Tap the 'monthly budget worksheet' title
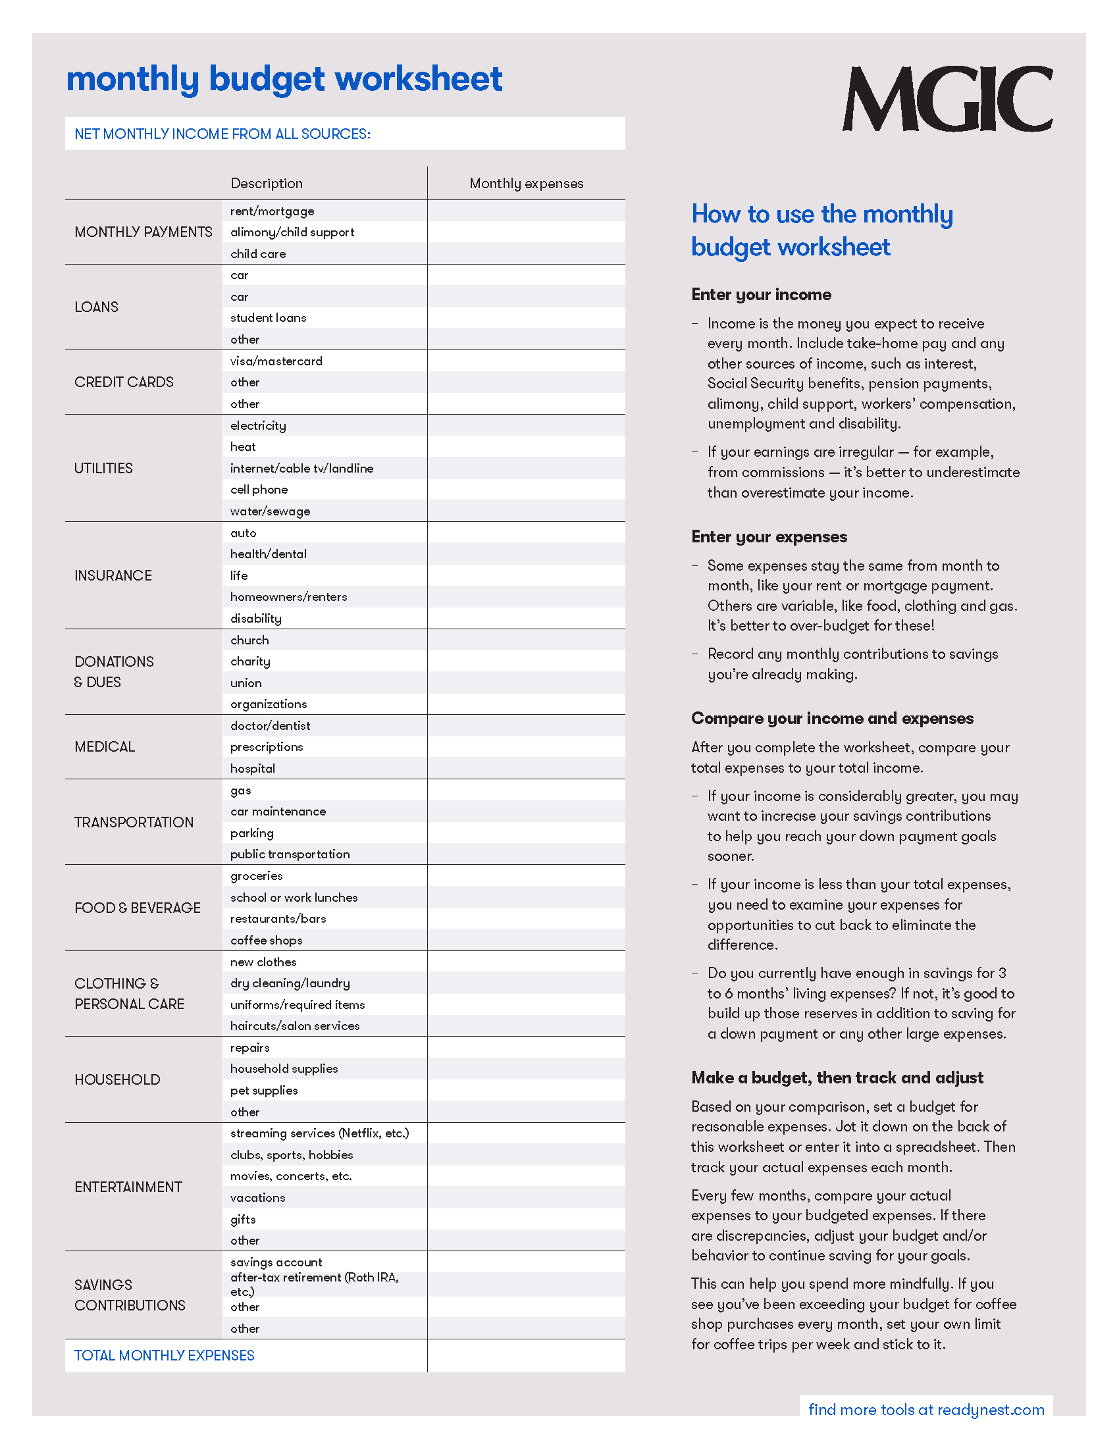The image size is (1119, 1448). click(284, 80)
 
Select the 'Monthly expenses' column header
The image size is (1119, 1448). click(527, 184)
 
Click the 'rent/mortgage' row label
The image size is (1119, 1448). click(273, 211)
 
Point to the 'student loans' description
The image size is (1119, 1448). click(269, 319)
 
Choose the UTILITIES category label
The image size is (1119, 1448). click(103, 469)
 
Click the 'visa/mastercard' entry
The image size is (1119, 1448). click(276, 361)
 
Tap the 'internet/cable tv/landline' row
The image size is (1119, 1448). click(301, 469)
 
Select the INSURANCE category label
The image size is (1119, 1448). click(113, 576)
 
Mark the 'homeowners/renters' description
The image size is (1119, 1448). click(288, 598)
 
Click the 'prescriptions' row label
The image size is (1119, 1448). click(267, 747)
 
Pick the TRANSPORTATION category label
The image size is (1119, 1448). click(134, 823)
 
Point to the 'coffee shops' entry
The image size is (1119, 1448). click(267, 941)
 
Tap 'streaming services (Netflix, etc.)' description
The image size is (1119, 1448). click(319, 1134)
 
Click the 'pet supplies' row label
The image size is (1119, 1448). click(264, 1091)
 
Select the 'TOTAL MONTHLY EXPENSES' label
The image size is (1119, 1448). click(165, 1356)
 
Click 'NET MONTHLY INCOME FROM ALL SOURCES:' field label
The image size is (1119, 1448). click(222, 134)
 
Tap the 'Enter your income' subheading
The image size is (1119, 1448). click(761, 295)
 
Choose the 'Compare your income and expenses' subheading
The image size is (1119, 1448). click(832, 719)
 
